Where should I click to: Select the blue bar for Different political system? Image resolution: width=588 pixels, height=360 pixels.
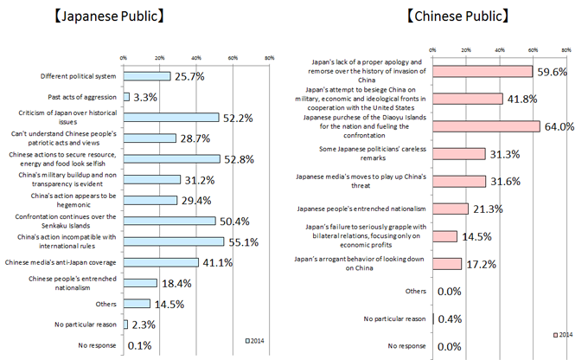point(147,76)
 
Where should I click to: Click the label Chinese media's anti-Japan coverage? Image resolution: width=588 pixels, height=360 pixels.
point(74,261)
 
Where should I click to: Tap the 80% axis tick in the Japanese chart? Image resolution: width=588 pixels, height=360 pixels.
point(270,57)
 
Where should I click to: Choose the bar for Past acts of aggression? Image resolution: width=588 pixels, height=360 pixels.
point(126,97)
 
